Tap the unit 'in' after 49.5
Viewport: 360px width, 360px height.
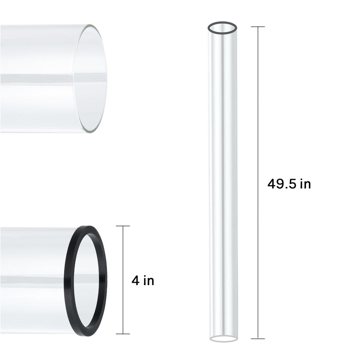(305, 184)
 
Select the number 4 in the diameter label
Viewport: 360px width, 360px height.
(135, 281)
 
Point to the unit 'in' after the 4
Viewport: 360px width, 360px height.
(149, 281)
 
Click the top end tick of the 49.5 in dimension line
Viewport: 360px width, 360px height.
(258, 27)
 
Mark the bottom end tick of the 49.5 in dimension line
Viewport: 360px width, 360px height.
(258, 338)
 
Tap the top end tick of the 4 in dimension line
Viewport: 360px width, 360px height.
(123, 226)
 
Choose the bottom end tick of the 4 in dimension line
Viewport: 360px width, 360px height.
(123, 334)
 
